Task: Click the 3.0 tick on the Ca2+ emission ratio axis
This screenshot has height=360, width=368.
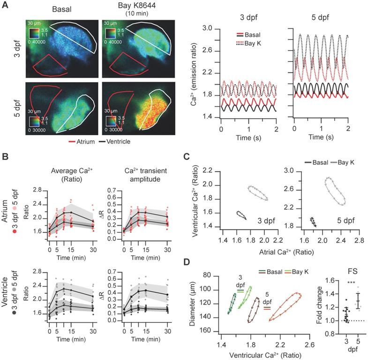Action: pos(210,29)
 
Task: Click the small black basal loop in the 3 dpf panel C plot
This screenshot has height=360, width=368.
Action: pos(240,215)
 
